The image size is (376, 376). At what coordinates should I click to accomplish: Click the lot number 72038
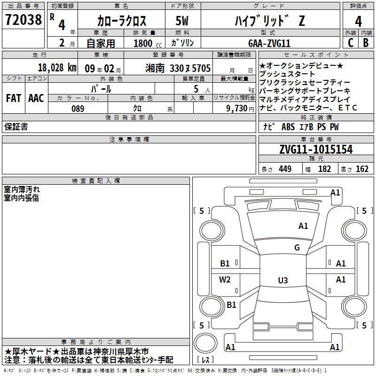click(x=23, y=19)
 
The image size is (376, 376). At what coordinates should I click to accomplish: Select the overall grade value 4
click(x=358, y=21)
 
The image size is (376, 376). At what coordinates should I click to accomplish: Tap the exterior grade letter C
click(x=351, y=43)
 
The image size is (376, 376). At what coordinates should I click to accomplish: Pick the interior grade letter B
click(x=366, y=43)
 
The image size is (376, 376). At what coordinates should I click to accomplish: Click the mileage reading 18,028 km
click(x=57, y=67)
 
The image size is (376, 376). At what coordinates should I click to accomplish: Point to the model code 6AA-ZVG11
click(x=269, y=43)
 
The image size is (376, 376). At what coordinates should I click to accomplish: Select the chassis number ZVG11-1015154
click(x=316, y=149)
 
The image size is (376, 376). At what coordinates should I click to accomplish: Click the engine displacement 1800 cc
click(x=148, y=43)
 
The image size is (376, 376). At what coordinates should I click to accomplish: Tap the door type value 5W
click(x=182, y=21)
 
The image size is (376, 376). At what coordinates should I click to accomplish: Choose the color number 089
click(x=78, y=109)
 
